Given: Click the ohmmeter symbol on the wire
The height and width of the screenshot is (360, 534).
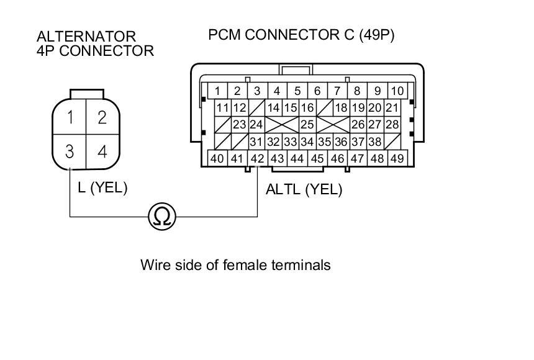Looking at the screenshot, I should pos(162,216).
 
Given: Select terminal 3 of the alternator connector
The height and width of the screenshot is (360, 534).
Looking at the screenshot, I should pos(71,151).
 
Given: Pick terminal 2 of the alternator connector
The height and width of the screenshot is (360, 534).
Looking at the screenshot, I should pos(102,117).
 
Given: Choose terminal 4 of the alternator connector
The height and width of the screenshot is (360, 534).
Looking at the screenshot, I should pos(102,151).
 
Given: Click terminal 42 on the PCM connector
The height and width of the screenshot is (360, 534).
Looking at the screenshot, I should pos(257,158).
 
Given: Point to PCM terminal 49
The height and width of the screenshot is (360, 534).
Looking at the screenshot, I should pos(396,158).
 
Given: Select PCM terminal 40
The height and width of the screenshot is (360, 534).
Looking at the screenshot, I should pos(217,158).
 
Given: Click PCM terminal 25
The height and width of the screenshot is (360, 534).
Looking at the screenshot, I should pos(307,124).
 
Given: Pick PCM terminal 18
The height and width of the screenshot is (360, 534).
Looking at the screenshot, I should pos(341,107).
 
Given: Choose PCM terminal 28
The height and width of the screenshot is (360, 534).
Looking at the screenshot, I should pos(392,124).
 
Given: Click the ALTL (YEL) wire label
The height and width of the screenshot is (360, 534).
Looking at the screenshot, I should pos(304,190).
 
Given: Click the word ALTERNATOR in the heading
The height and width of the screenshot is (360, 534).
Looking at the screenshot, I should pos(86,37).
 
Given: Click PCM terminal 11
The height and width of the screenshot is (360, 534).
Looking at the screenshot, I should pos(223,107).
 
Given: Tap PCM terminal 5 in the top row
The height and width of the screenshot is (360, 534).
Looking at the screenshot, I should pos(297,91).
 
